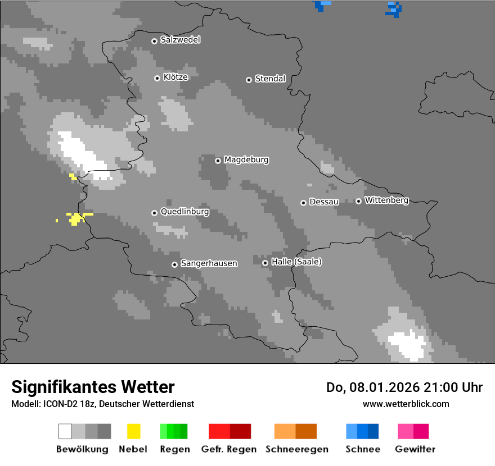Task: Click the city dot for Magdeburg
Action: [218, 161]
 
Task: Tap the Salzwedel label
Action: [180, 40]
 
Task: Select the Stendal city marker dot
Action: [249, 80]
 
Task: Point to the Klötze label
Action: [175, 77]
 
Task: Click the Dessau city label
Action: [324, 202]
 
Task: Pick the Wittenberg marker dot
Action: [358, 201]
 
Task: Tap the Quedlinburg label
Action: [184, 212]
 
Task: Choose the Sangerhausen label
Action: [209, 263]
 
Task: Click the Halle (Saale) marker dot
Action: [265, 263]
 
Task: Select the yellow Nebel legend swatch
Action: [133, 431]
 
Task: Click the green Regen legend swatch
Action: [174, 431]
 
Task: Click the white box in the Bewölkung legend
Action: [65, 431]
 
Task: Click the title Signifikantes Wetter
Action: [93, 387]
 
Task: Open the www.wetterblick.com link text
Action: [406, 404]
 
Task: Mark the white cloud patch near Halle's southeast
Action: [408, 345]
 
